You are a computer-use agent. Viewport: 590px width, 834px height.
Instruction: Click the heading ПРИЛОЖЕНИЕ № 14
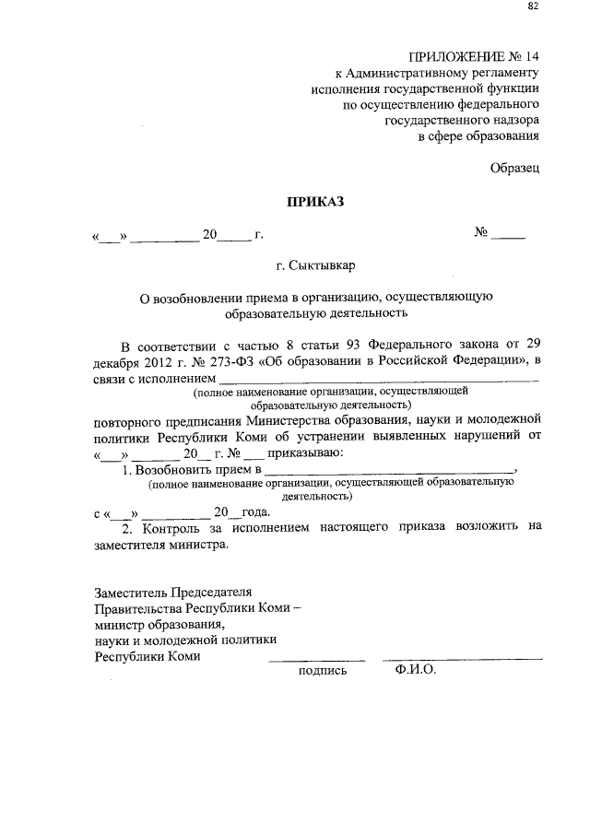[x=473, y=55]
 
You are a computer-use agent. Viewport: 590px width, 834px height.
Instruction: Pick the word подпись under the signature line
[x=323, y=671]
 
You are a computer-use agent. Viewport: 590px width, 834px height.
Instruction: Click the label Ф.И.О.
[x=413, y=671]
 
